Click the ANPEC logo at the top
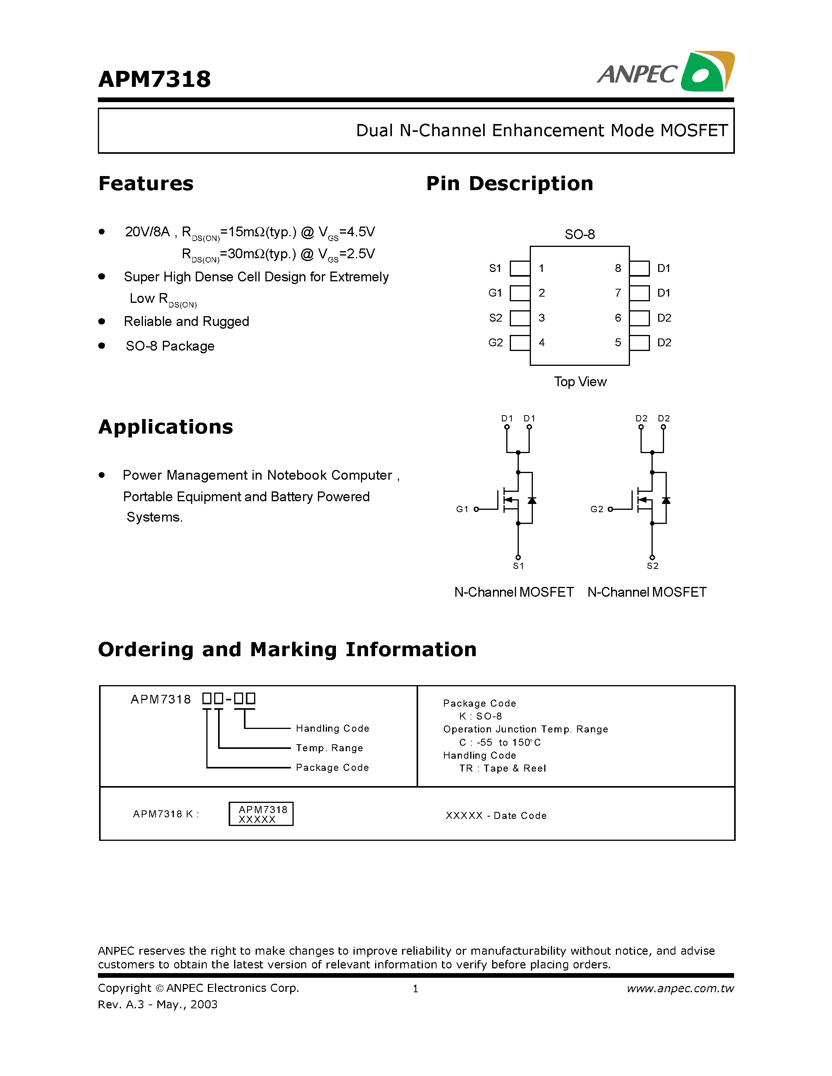(x=665, y=72)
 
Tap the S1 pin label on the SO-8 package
(x=495, y=268)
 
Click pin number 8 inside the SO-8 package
(x=617, y=268)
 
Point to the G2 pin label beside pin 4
(x=495, y=342)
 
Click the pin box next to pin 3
(x=520, y=318)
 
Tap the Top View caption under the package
(x=580, y=382)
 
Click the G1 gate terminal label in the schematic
(x=462, y=509)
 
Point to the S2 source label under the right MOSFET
(x=653, y=566)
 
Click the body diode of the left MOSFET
(x=532, y=500)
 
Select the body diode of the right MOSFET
(x=666, y=500)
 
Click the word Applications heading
(x=166, y=426)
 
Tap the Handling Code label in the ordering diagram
(x=332, y=728)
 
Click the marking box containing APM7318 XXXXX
(x=261, y=814)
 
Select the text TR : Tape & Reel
(x=502, y=768)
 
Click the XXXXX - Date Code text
(x=496, y=815)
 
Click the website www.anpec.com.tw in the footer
(x=680, y=988)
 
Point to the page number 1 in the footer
(x=415, y=988)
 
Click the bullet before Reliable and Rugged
(x=101, y=321)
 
